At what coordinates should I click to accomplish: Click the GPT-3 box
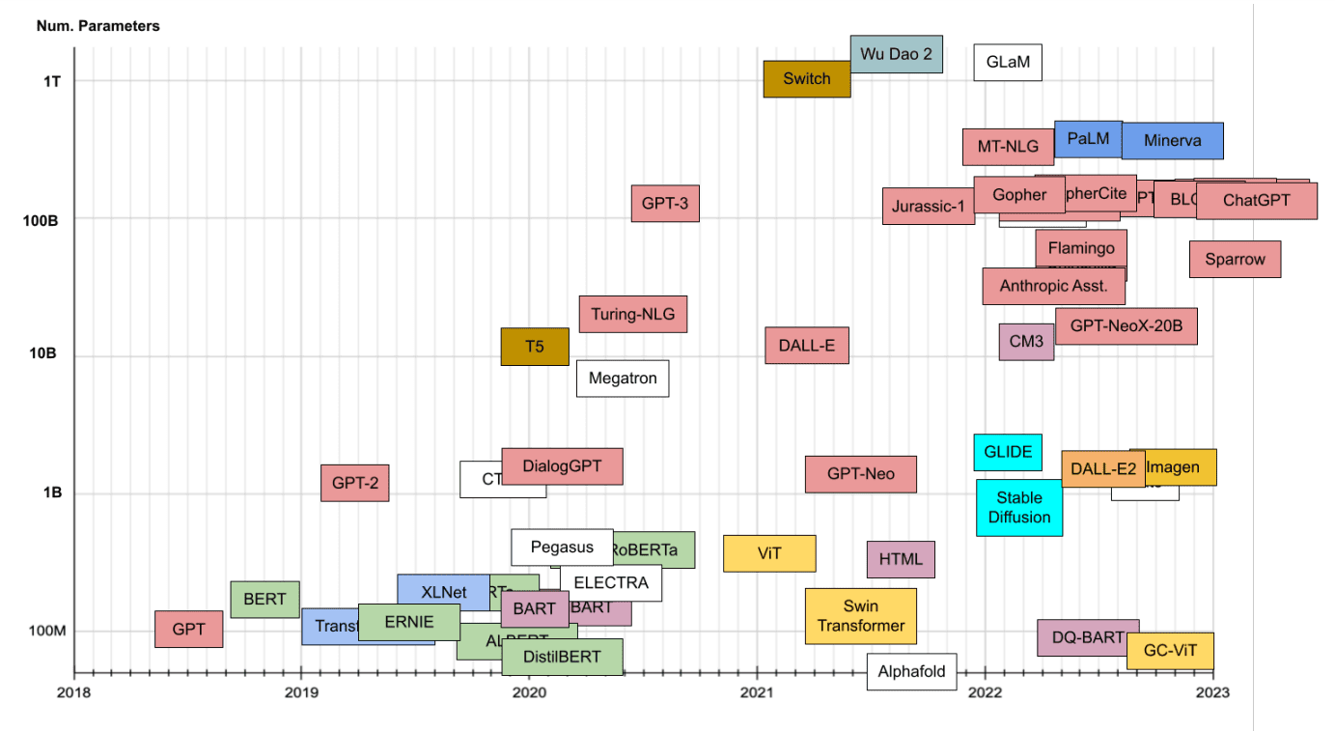(x=665, y=204)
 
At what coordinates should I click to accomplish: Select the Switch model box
(x=806, y=79)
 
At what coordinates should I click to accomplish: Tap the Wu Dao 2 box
(x=896, y=54)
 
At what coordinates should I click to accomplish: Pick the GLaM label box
(x=1008, y=64)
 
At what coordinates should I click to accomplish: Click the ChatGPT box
(x=1256, y=201)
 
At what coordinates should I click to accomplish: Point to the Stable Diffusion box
(x=1019, y=508)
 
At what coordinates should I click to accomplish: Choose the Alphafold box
(x=911, y=672)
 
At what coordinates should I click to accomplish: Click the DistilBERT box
(x=562, y=658)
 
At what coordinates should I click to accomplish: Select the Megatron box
(x=623, y=379)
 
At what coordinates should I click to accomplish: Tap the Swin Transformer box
(x=860, y=616)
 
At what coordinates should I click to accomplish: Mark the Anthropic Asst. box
(x=1053, y=286)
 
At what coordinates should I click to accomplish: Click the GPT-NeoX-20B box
(x=1126, y=326)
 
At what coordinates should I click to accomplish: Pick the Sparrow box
(x=1235, y=260)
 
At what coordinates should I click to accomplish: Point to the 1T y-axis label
(x=52, y=81)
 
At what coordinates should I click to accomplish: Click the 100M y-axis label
(x=46, y=632)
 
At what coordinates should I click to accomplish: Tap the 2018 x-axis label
(x=74, y=692)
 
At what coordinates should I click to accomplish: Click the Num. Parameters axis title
(x=97, y=26)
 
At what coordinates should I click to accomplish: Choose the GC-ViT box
(x=1170, y=651)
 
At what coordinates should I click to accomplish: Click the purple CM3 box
(x=1026, y=342)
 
